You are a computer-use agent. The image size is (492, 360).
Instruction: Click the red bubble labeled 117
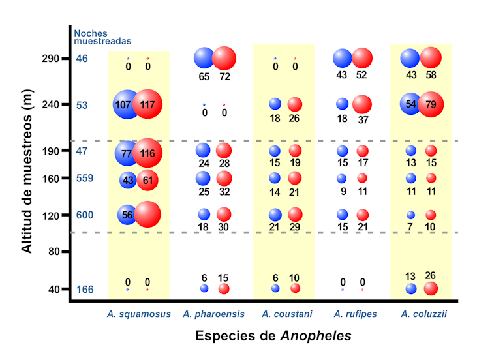(x=148, y=104)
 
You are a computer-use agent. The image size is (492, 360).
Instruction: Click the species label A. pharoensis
(x=214, y=314)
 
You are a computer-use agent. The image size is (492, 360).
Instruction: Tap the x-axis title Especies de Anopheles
(x=273, y=337)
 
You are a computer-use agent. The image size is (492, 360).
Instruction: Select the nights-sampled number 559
(x=85, y=177)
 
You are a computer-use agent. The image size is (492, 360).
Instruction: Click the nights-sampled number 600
(x=85, y=215)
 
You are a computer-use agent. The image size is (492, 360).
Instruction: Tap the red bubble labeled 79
(x=431, y=104)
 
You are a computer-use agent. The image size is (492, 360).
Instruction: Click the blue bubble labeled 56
(x=128, y=214)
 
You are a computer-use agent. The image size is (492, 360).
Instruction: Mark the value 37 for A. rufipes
(x=362, y=120)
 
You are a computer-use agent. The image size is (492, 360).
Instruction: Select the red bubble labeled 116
(x=148, y=153)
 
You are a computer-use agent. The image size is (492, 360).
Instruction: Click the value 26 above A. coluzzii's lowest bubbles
(x=431, y=275)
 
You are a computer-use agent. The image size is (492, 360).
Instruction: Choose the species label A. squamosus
(x=139, y=314)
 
